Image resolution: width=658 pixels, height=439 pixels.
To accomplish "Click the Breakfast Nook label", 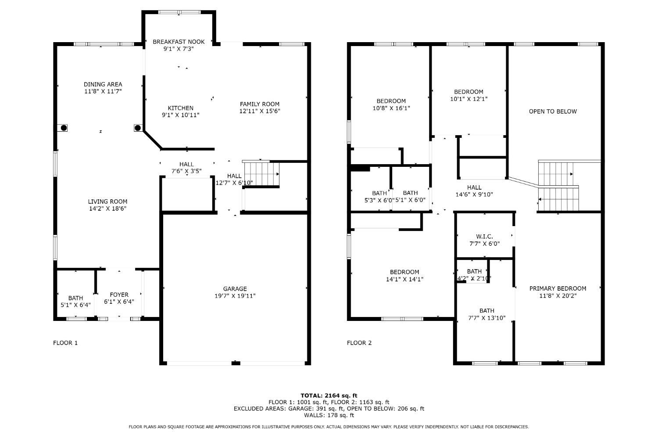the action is pyautogui.click(x=179, y=42).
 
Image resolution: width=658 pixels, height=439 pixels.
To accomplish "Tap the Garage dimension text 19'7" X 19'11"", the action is pyautogui.click(x=235, y=296).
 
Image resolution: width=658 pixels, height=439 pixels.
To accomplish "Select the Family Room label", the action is pyautogui.click(x=260, y=104).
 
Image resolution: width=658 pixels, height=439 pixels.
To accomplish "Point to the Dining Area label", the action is pyautogui.click(x=103, y=84).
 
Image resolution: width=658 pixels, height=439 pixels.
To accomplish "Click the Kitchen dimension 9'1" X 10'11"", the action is pyautogui.click(x=181, y=115).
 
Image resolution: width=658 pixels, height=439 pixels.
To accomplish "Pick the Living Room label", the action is pyautogui.click(x=107, y=202).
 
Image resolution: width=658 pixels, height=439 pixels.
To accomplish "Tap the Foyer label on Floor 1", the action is pyautogui.click(x=119, y=295).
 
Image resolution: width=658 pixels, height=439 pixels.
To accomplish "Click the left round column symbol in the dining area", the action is pyautogui.click(x=64, y=128).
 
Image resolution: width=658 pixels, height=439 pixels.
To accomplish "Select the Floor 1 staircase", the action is pyautogui.click(x=261, y=173).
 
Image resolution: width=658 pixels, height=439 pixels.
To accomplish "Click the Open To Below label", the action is pyautogui.click(x=553, y=112).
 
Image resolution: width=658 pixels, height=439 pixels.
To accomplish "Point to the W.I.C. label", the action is pyautogui.click(x=484, y=237).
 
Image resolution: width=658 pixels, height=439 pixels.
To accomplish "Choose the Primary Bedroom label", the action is pyautogui.click(x=558, y=288).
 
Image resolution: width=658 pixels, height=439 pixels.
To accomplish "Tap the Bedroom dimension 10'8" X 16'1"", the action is pyautogui.click(x=391, y=108).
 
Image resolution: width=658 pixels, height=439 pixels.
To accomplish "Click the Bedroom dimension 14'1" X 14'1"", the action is pyautogui.click(x=404, y=279).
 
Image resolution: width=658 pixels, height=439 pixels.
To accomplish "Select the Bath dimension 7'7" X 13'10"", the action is pyautogui.click(x=487, y=318).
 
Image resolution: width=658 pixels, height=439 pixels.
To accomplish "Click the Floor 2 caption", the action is pyautogui.click(x=359, y=343).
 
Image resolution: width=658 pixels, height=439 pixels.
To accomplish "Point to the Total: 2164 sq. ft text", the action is pyautogui.click(x=329, y=396).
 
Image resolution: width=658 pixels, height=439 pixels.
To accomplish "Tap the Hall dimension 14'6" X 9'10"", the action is pyautogui.click(x=474, y=194).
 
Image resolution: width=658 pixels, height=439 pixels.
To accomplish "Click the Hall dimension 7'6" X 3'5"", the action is pyautogui.click(x=186, y=171).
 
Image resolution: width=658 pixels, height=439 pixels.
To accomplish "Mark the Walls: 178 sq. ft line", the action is pyautogui.click(x=329, y=415).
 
